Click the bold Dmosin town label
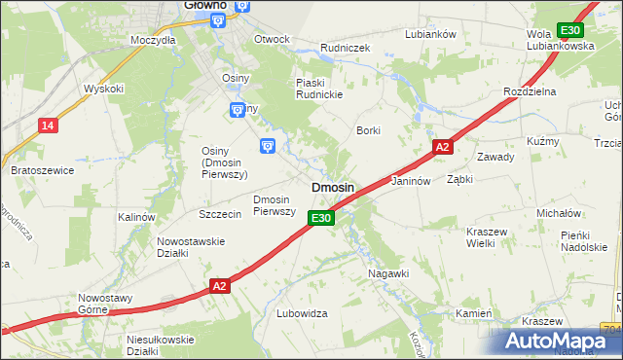point(332,187)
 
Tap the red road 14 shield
point(47,125)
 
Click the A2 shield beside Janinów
point(442,147)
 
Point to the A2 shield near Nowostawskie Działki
point(221,285)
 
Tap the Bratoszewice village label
point(42,170)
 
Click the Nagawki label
point(388,274)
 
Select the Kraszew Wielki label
point(495,238)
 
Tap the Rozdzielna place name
point(529,90)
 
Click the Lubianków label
point(430,34)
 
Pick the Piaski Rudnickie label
point(321,89)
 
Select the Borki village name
point(368,129)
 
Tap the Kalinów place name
point(136,217)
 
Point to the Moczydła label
point(153,41)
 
